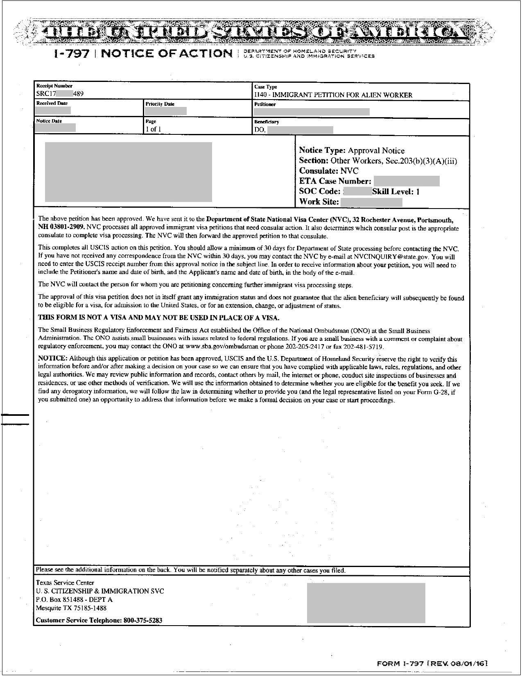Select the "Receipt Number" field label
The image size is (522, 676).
[54, 86]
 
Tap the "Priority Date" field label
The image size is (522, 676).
[160, 104]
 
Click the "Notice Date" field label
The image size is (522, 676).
[49, 121]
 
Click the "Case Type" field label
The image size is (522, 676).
[265, 87]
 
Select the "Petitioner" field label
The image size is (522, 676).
[265, 104]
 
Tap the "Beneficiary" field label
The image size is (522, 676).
[267, 122]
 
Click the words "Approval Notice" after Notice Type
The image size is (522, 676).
[376, 151]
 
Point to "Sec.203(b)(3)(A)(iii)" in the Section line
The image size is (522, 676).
[421, 161]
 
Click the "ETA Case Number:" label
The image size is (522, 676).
[335, 181]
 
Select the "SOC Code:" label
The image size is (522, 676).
[320, 192]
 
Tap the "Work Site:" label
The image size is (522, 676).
[319, 202]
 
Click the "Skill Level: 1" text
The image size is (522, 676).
[396, 192]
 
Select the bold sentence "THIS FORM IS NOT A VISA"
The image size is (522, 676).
[158, 318]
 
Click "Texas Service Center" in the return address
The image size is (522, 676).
[65, 583]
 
